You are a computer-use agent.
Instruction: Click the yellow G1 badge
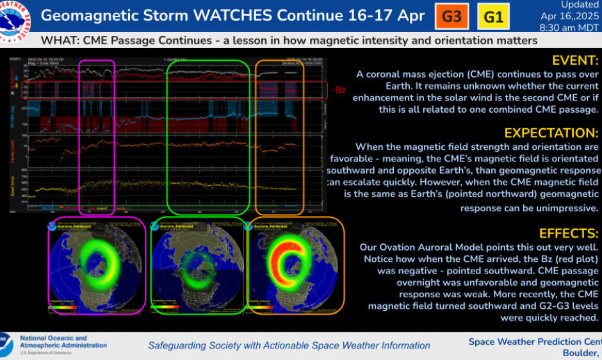[494, 16]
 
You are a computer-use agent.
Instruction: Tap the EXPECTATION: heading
[551, 133]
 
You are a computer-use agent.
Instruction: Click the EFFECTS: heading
[568, 233]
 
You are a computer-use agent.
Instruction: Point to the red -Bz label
[339, 90]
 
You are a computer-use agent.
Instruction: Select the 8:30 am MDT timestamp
[571, 28]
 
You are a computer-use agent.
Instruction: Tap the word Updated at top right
[580, 4]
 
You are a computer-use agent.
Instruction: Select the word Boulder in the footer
[580, 354]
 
